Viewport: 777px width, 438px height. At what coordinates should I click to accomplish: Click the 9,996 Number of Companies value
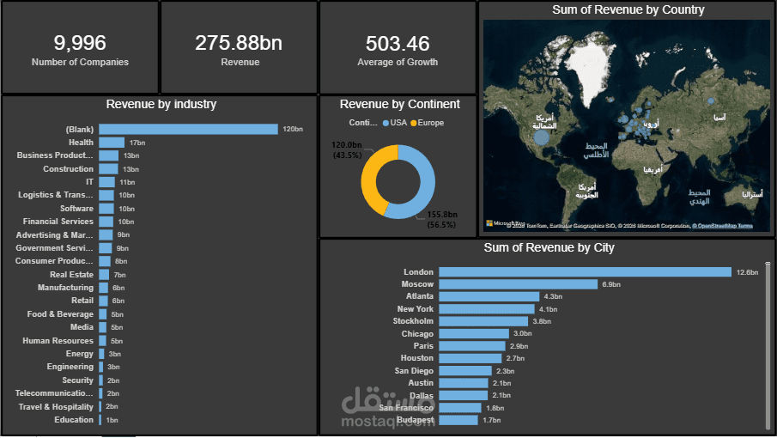pos(80,43)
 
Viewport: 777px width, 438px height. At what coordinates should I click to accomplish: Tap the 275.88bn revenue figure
pos(239,43)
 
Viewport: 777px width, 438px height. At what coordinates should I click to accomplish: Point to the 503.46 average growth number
pos(397,43)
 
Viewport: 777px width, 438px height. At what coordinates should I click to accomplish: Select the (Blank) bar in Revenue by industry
pos(188,129)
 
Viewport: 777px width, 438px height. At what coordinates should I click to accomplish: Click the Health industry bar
pos(111,143)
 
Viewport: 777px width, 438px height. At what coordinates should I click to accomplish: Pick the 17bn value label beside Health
pos(137,143)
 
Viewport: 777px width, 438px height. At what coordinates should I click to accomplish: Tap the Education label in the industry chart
pos(74,420)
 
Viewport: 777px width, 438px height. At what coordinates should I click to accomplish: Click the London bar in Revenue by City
pos(585,272)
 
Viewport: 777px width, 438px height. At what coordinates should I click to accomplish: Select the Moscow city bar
pos(518,284)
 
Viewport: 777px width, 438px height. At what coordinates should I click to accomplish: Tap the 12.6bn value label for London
pos(747,272)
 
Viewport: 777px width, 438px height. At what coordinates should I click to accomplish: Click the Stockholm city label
pos(413,321)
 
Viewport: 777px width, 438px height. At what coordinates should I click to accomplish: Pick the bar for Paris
pos(471,346)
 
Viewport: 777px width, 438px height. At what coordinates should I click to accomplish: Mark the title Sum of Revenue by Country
pos(628,10)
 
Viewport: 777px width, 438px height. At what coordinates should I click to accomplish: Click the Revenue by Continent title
pos(399,104)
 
